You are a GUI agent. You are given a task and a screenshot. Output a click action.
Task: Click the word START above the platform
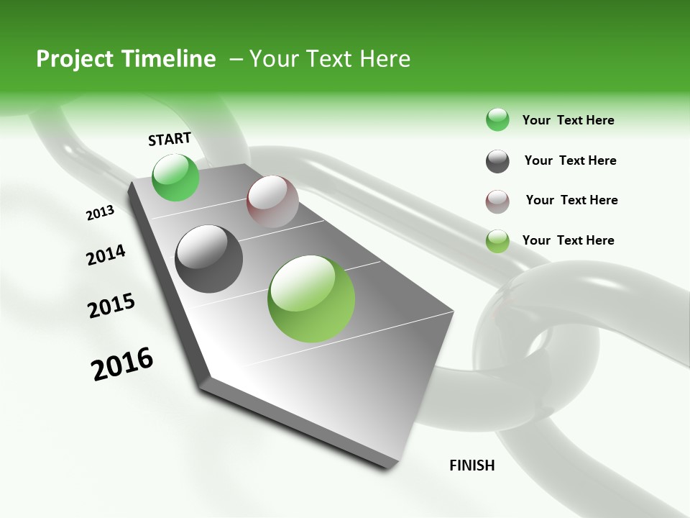[170, 139]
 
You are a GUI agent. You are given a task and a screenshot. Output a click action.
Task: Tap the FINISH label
[472, 465]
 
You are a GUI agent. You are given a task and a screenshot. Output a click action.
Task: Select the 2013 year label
[101, 213]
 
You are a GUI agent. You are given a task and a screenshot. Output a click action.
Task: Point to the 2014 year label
[106, 255]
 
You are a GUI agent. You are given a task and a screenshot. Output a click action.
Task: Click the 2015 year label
[111, 306]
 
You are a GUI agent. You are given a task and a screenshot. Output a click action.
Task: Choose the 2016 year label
[122, 364]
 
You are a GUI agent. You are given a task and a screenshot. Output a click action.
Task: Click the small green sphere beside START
[176, 177]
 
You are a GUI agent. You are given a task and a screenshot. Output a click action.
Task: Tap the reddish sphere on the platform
[272, 201]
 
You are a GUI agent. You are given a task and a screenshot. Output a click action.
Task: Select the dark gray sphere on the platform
[209, 259]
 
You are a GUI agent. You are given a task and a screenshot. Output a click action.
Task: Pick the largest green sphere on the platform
[311, 299]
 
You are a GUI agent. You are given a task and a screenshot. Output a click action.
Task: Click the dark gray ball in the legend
[497, 161]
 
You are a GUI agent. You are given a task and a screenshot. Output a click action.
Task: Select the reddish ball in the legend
[497, 201]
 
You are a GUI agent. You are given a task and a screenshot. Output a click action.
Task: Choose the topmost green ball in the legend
[497, 119]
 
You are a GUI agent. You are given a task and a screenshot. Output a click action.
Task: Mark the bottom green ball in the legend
[497, 241]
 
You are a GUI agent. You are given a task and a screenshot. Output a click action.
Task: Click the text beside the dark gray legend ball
[570, 160]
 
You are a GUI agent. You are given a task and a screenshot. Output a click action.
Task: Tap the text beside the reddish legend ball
[571, 200]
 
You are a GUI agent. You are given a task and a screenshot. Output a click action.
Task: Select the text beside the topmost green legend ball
[568, 120]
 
